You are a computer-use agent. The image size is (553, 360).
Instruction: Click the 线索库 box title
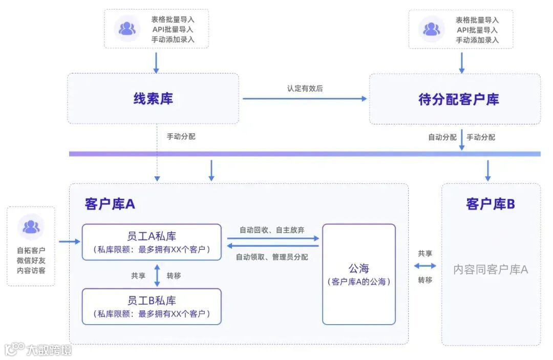click(153, 99)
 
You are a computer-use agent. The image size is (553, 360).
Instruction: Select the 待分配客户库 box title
click(458, 99)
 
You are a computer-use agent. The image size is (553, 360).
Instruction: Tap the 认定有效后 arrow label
click(305, 89)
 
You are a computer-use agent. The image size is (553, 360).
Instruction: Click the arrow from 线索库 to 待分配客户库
click(305, 98)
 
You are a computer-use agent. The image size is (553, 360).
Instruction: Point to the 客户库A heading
click(110, 204)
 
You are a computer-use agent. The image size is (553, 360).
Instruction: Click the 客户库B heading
click(490, 204)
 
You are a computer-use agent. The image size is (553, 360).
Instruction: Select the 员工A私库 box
click(152, 242)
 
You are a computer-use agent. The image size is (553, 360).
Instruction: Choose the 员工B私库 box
click(152, 306)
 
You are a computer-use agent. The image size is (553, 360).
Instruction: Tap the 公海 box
click(358, 274)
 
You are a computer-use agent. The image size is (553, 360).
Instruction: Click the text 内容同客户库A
click(490, 269)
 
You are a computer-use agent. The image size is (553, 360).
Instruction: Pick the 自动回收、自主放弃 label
click(272, 230)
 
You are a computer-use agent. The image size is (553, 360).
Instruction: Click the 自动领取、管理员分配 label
click(272, 257)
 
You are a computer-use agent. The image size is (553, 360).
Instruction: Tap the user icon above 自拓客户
click(31, 226)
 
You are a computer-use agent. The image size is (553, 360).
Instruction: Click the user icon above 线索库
click(126, 29)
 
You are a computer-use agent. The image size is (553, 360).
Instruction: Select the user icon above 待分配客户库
click(431, 29)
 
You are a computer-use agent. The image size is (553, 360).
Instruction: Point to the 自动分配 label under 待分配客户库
click(442, 137)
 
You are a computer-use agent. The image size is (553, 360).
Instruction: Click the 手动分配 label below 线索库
click(181, 137)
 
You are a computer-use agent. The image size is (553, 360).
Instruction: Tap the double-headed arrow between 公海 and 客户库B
click(425, 266)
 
